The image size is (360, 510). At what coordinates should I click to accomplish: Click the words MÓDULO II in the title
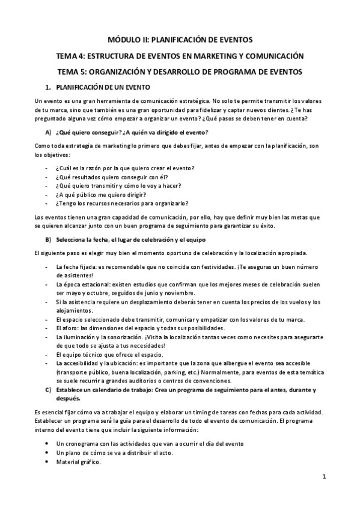pyautogui.click(x=127, y=40)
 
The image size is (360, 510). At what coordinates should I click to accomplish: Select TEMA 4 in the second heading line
pyautogui.click(x=71, y=56)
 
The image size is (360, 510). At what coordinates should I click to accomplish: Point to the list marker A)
pyautogui.click(x=47, y=132)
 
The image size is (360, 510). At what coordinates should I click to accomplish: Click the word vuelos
pyautogui.click(x=291, y=301)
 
